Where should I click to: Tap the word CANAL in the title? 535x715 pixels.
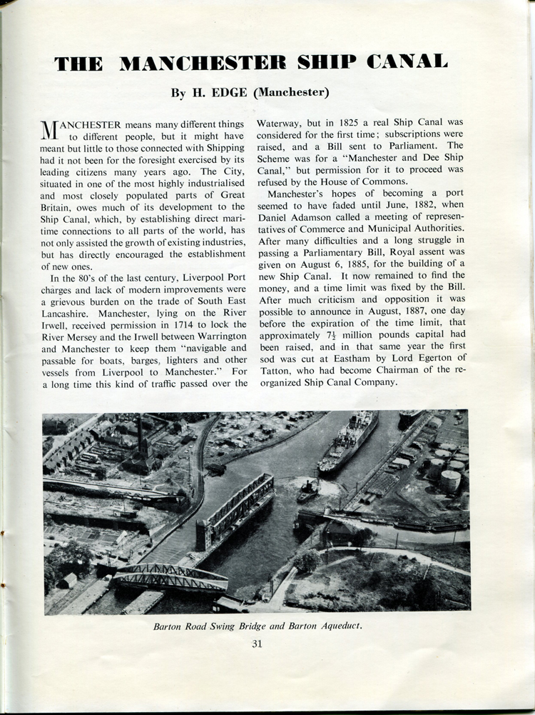407,63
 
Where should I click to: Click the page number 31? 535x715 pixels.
257,644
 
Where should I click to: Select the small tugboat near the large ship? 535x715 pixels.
307,490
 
